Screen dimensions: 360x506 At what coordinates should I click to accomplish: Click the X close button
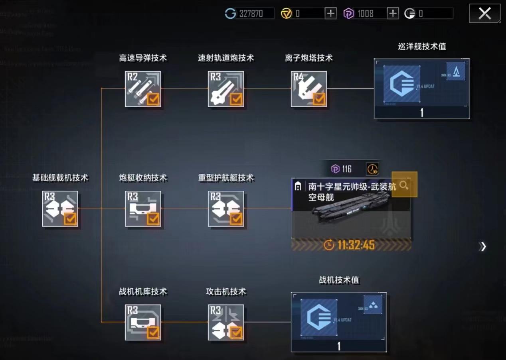[x=484, y=14]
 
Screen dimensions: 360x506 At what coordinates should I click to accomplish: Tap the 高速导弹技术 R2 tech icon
[x=143, y=89]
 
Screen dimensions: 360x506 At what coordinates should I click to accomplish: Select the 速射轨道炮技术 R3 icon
[x=226, y=89]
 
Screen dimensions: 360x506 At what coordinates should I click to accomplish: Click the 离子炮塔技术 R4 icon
[x=309, y=89]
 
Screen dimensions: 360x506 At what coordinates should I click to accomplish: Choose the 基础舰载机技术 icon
[x=60, y=209]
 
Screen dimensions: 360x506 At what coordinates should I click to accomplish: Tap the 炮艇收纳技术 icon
[x=143, y=209]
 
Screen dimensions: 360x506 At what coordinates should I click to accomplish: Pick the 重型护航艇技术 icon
[x=226, y=209]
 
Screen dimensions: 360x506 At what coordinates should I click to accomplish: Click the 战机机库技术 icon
[x=143, y=322]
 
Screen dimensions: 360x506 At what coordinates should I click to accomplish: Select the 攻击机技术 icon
[x=226, y=322]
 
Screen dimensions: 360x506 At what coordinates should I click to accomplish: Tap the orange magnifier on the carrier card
[x=404, y=185]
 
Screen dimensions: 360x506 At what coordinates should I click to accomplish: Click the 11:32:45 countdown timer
[x=351, y=245]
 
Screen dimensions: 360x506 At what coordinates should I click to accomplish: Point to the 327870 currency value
[x=251, y=14]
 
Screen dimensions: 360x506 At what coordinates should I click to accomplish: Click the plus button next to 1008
[x=393, y=14]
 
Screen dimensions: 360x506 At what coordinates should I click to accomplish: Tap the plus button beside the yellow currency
[x=330, y=14]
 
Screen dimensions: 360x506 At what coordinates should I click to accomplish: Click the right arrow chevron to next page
[x=483, y=246]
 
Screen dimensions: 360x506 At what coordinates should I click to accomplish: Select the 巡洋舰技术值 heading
[x=422, y=46]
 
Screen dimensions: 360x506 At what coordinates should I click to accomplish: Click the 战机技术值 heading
[x=339, y=280]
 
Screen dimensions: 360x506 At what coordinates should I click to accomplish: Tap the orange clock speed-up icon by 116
[x=372, y=169]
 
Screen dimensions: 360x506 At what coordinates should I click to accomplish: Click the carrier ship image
[x=351, y=207]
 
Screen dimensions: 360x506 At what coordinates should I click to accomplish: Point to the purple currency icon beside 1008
[x=349, y=14]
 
